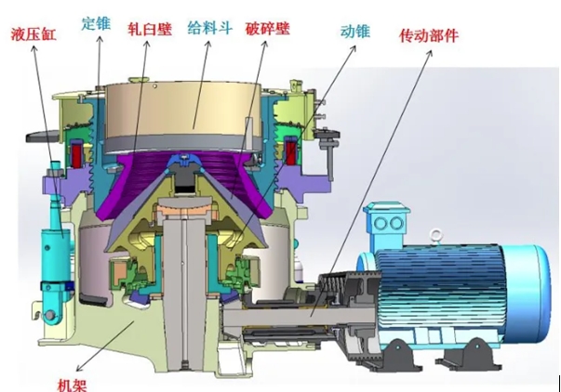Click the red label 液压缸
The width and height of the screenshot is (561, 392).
pyautogui.click(x=33, y=34)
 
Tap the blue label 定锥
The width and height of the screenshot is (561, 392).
pyautogui.click(x=96, y=23)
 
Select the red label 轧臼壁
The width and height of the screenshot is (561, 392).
pyautogui.click(x=150, y=29)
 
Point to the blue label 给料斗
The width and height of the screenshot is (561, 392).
pyautogui.click(x=210, y=28)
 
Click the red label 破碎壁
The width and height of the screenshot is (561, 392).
pyautogui.click(x=268, y=28)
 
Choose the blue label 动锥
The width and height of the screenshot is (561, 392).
pyautogui.click(x=354, y=31)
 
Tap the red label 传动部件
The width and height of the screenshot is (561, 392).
pyautogui.click(x=429, y=35)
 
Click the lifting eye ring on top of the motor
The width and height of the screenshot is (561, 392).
pyautogui.click(x=435, y=236)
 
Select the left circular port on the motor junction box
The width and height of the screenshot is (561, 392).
pyautogui.click(x=381, y=224)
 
